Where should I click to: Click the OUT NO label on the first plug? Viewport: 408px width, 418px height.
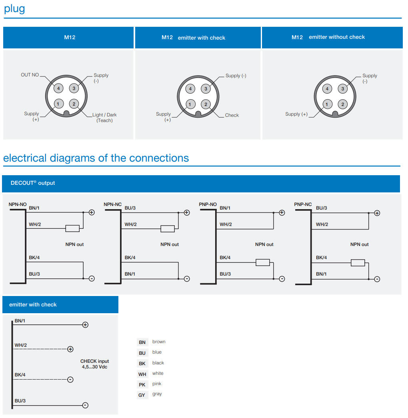coord(30,75)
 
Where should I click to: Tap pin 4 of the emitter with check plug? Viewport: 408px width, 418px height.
coord(190,89)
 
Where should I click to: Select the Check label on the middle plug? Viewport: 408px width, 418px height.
coord(232,115)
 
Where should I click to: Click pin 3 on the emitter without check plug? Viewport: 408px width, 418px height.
coord(342,89)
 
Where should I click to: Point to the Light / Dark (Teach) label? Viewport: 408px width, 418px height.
coord(104,118)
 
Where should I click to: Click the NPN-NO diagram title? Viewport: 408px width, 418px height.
coord(17,204)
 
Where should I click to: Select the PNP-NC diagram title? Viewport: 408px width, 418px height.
coord(303,204)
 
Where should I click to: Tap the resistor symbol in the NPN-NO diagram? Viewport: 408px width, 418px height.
coord(72,228)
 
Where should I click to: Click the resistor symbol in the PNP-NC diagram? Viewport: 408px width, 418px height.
coord(358,263)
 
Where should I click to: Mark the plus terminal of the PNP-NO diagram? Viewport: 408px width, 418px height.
coord(282,212)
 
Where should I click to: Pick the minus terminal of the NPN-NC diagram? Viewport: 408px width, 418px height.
coord(186,279)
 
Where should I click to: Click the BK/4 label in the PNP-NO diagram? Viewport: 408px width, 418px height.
coord(225,258)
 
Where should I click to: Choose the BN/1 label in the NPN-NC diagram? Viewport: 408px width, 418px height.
coord(130,274)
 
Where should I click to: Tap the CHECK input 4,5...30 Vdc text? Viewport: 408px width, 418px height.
coord(95,364)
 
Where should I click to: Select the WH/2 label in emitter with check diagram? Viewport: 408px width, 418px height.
coord(21,345)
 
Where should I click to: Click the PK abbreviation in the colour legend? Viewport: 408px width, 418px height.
coord(142,385)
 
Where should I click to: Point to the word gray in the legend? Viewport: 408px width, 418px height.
coord(157,394)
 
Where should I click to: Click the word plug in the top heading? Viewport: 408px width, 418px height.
coord(14,9)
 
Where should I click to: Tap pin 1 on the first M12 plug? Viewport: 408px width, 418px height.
coord(58,104)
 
